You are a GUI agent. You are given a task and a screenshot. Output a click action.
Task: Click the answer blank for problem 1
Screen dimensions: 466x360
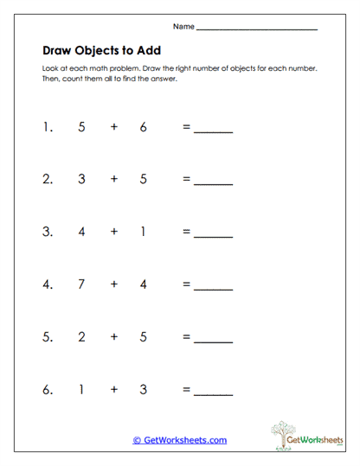213,131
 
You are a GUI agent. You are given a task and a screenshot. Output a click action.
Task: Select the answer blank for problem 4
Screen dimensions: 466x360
213,289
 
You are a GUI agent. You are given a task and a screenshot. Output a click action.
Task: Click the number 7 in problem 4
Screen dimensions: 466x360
81,284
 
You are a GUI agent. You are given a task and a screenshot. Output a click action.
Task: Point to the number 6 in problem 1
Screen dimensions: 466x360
143,126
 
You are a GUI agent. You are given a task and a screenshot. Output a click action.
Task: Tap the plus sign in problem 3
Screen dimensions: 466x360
113,232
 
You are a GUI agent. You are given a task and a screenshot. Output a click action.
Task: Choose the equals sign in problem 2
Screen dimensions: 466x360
185,180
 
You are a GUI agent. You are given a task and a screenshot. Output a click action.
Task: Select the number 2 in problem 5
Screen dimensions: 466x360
81,336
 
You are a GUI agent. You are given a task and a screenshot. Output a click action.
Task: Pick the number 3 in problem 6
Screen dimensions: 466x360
143,389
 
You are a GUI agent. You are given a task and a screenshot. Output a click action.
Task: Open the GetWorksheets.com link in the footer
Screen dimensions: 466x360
179,440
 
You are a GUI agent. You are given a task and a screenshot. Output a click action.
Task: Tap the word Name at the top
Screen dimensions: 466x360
183,27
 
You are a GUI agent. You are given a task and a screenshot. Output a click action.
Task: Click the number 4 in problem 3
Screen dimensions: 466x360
81,232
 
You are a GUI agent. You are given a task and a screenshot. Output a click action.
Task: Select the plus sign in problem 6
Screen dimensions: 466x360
113,389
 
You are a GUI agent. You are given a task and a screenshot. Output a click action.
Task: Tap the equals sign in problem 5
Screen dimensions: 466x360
185,337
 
